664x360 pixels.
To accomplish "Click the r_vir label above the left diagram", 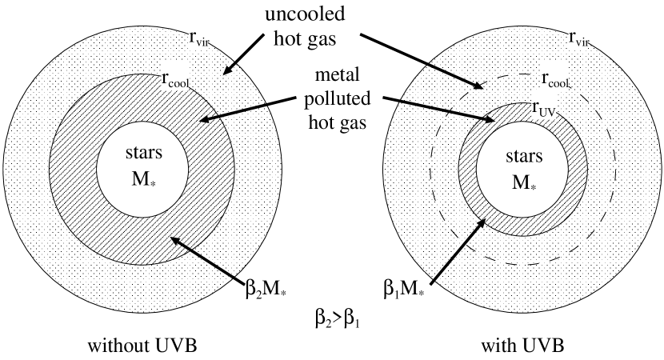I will pos(198,38).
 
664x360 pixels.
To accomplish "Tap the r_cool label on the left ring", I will pos(175,78).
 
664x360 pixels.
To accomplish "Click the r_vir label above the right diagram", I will pos(578,38).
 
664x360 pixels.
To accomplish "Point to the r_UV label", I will pos(545,107).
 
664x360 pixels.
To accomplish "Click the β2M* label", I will pos(265,289).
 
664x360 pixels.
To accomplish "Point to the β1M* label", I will pos(403,289).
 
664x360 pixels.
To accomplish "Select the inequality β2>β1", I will pos(338,318).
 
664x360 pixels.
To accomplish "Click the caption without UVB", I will pos(142,346).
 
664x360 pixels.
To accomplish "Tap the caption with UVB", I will pos(522,346).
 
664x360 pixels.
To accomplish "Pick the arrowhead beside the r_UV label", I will pos(490,121).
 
